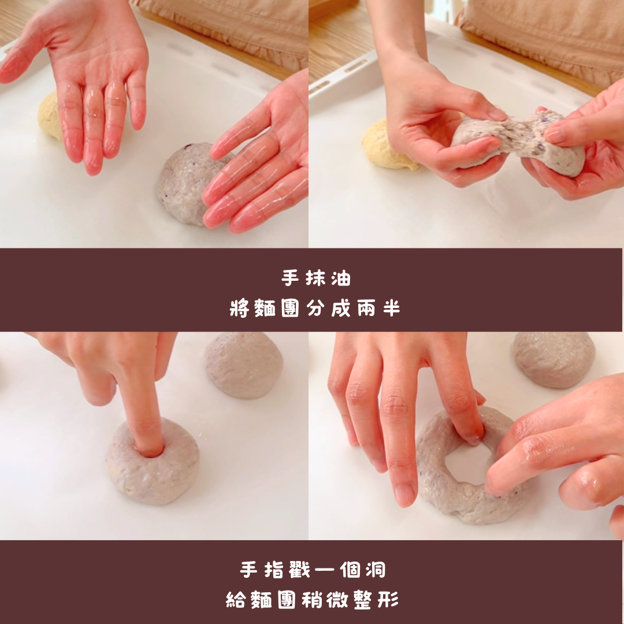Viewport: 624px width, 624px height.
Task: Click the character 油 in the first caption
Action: (x=341, y=278)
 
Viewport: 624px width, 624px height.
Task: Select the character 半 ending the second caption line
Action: (x=391, y=308)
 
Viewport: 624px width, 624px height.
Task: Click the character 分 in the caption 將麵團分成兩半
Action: (x=315, y=308)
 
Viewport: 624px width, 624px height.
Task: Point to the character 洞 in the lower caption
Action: (x=376, y=570)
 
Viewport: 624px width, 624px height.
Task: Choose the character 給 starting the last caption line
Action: (x=236, y=600)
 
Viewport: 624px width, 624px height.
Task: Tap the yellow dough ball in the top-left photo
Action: (x=49, y=116)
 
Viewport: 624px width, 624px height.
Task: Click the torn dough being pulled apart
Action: (x=517, y=142)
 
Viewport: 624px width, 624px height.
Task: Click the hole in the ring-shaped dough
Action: (x=466, y=462)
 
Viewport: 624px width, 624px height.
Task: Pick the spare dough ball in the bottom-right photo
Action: (x=554, y=359)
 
